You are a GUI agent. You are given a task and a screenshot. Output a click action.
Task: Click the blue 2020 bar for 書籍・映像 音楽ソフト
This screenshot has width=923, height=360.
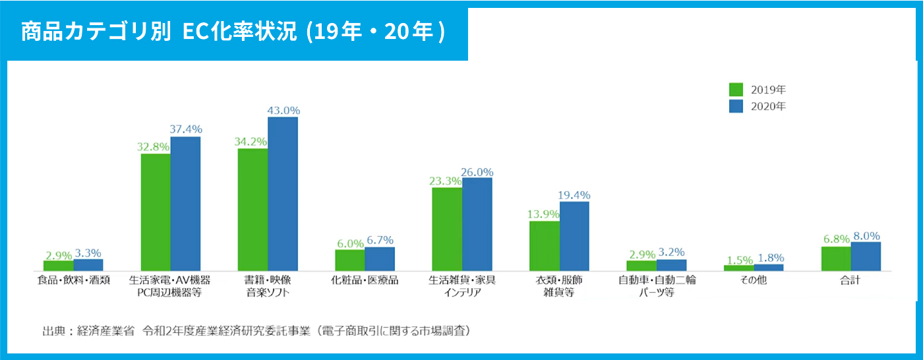[x=283, y=194]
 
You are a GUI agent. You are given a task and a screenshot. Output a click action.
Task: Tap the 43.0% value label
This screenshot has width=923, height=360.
[x=283, y=110]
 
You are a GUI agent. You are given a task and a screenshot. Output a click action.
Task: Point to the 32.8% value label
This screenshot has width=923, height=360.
[x=155, y=147]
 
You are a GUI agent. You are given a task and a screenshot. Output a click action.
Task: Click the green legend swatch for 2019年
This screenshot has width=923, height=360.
[x=736, y=90]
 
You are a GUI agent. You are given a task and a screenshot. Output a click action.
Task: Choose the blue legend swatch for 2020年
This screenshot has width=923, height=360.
[x=736, y=106]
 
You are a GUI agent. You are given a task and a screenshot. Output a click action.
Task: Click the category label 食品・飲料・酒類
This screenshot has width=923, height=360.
[x=73, y=280]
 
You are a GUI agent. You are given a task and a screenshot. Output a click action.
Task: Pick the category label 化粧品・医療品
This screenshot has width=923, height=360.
[x=365, y=280]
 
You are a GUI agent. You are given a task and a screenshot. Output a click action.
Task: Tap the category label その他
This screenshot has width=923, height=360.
[x=754, y=280]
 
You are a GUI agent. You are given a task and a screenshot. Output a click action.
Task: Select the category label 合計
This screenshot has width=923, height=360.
[x=850, y=280]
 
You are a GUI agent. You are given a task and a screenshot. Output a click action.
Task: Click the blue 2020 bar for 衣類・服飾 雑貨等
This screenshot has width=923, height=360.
[x=574, y=236]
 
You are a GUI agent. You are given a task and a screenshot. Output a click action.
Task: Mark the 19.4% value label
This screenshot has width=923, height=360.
[x=575, y=195]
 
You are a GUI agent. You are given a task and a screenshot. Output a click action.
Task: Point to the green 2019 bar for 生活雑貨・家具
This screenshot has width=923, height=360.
[x=447, y=229]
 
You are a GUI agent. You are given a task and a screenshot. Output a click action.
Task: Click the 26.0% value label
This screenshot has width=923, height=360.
[x=477, y=171]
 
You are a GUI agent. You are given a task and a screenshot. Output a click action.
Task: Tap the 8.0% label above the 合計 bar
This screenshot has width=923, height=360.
[x=866, y=235]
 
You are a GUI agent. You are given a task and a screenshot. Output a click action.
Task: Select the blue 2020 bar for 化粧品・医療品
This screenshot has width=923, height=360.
[x=380, y=258]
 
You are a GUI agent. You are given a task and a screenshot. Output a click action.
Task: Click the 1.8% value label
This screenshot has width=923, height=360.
[x=769, y=258]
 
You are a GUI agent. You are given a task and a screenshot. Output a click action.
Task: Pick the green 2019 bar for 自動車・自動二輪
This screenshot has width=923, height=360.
[x=641, y=265]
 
